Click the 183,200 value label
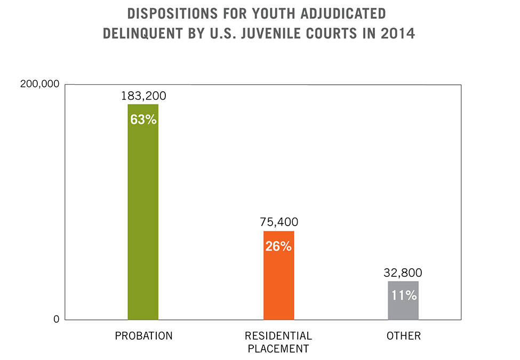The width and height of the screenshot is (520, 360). coord(143,96)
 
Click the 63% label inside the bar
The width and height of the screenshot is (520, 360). coord(143,119)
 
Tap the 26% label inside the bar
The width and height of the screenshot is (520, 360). coord(278,246)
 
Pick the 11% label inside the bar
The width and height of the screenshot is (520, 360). coord(403,295)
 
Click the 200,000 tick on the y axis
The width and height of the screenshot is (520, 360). coord(39,84)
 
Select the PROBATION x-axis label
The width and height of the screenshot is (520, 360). coord(144,336)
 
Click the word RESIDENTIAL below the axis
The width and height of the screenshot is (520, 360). coord(278,336)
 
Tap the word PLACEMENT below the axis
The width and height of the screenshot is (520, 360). coord(278,349)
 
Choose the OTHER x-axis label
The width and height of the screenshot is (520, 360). coord(404,336)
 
